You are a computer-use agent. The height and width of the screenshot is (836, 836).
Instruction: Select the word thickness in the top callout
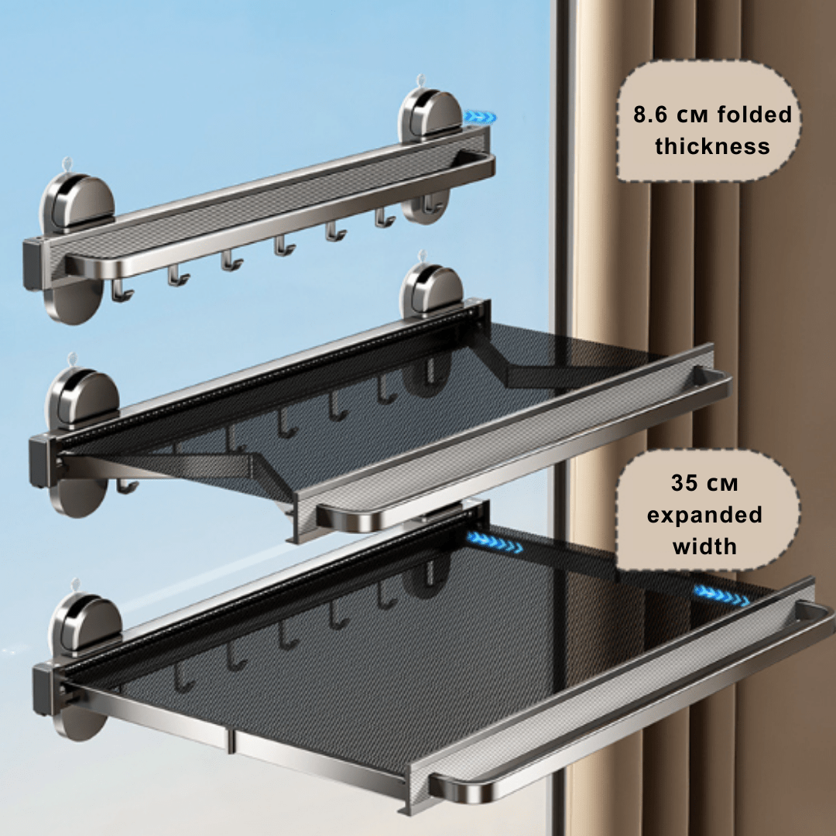712,146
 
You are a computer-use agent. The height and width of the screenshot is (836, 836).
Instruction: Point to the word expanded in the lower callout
704,516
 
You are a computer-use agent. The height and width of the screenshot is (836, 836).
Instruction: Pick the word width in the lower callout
704,546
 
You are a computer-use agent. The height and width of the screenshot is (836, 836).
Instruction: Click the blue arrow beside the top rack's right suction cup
480,117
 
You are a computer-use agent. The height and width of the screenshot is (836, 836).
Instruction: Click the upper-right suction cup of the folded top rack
431,115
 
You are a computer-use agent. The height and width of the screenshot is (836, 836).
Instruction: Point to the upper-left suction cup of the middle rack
83,397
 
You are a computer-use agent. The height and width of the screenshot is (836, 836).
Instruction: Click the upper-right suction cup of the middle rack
431,291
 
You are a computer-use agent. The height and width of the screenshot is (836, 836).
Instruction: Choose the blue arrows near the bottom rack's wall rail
494,542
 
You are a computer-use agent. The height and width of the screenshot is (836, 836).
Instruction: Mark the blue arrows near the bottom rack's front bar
721,595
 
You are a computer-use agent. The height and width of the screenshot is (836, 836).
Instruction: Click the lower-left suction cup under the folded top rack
74,300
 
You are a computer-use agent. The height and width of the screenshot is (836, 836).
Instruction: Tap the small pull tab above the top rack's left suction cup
67,164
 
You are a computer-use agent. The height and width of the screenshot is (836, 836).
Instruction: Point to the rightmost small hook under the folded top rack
385,218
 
